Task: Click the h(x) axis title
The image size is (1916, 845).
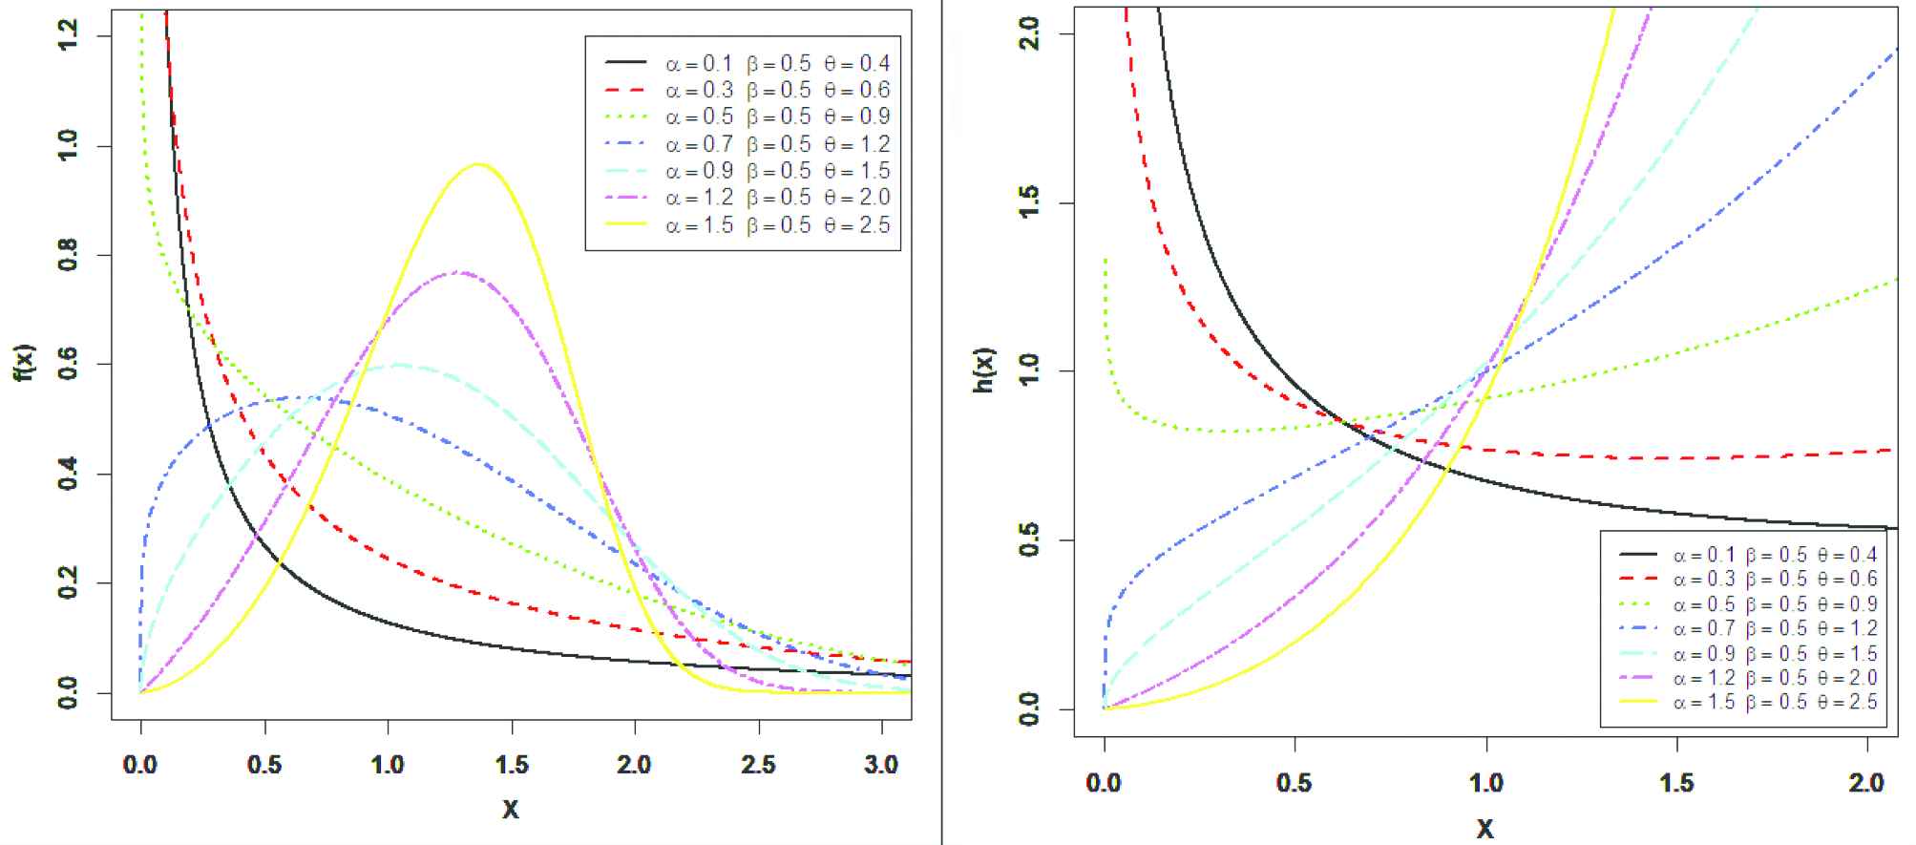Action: click(985, 370)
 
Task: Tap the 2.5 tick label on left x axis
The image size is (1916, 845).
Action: click(759, 766)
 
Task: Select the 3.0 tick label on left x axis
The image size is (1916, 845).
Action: click(882, 766)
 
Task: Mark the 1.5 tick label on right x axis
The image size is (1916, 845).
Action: click(1676, 784)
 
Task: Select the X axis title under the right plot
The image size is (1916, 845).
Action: click(1485, 828)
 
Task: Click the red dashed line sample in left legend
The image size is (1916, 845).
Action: click(625, 90)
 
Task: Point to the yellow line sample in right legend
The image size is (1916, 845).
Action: click(1637, 703)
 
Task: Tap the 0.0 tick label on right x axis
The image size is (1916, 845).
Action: click(1104, 784)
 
